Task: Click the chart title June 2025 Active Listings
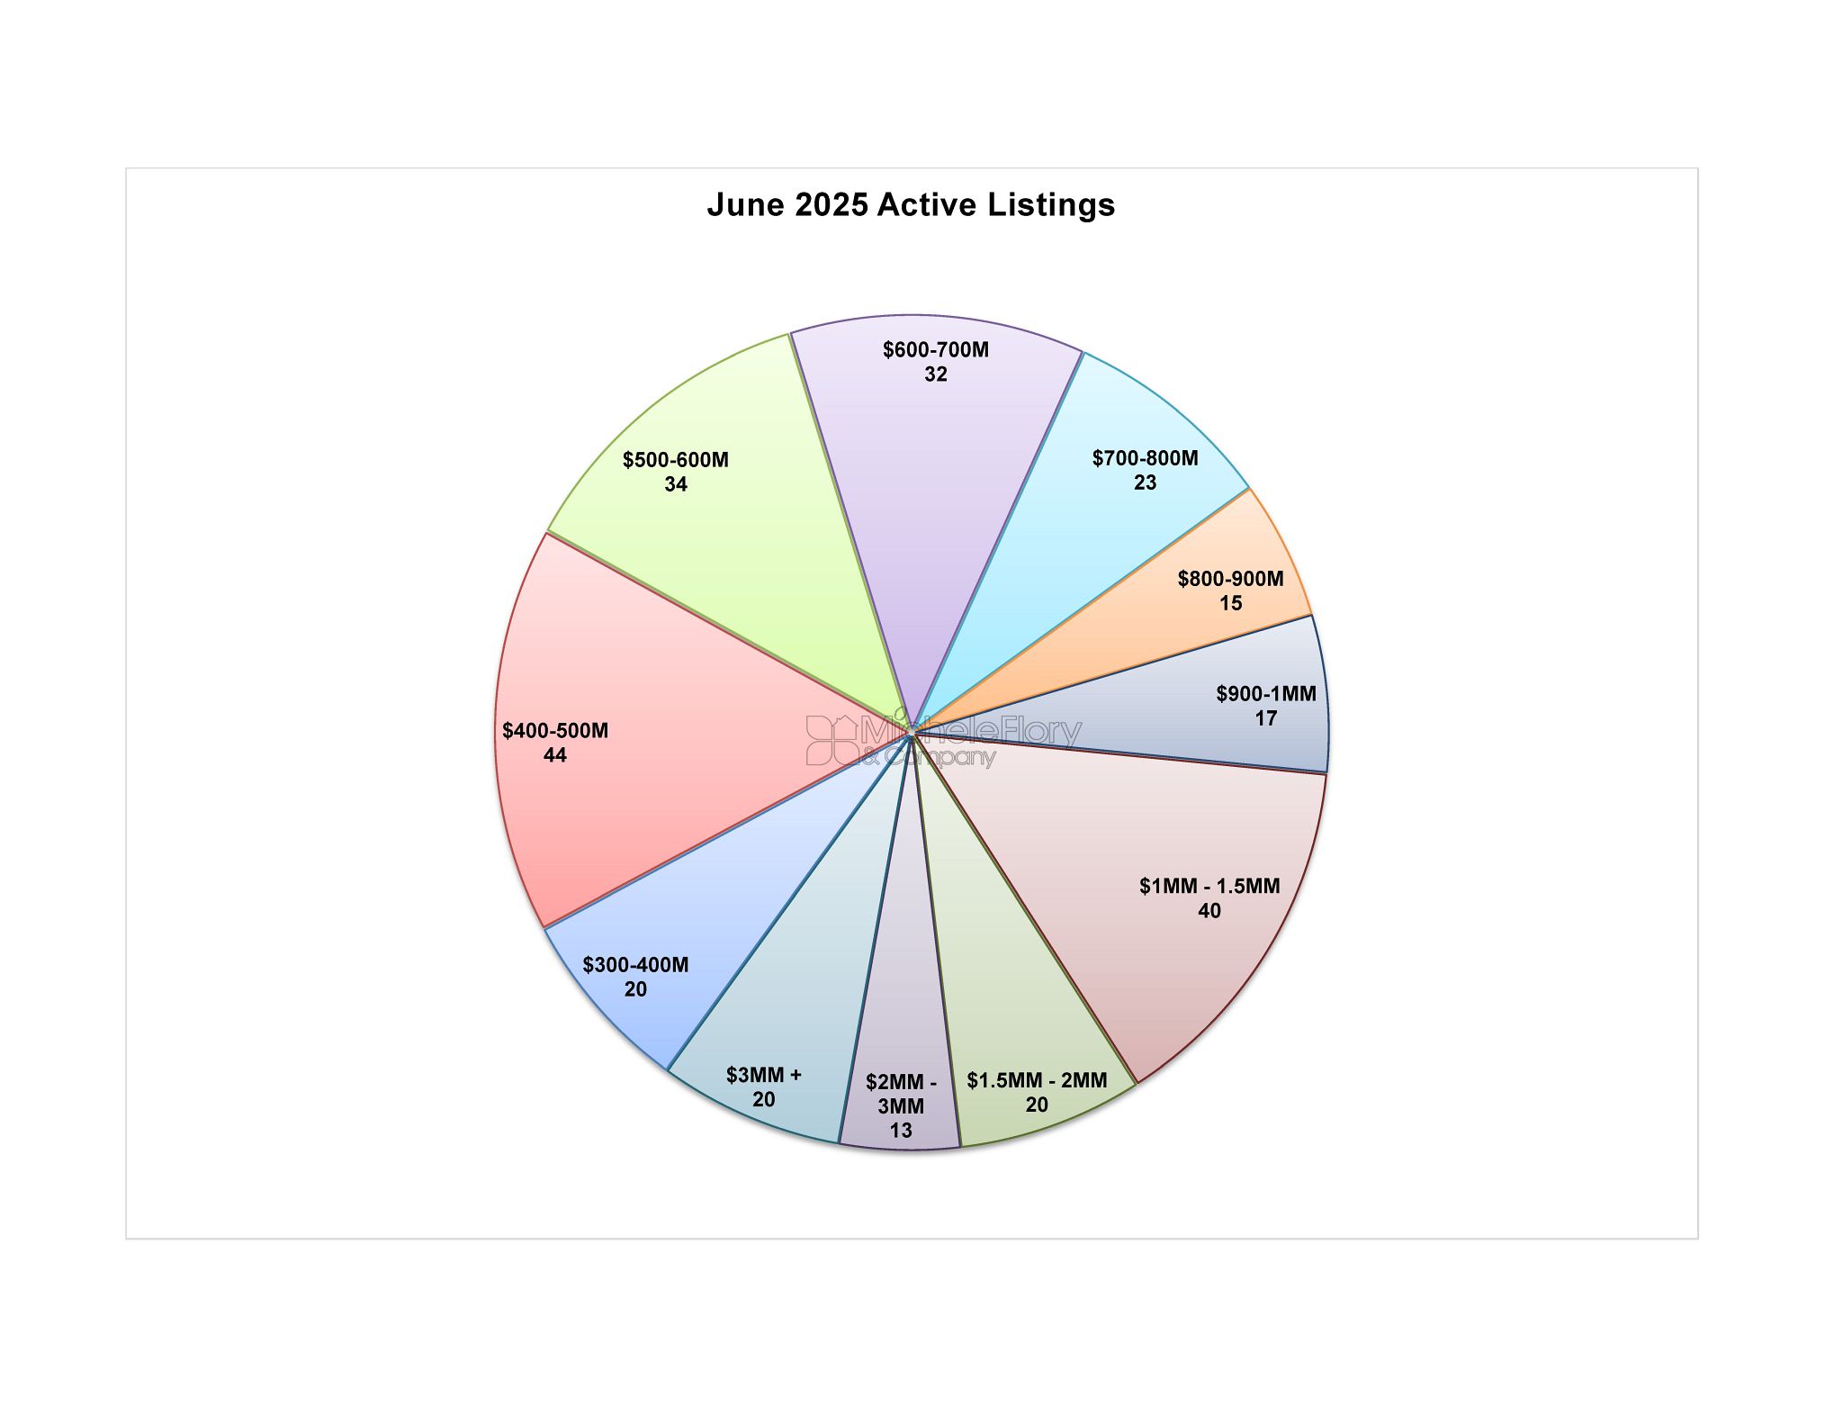tap(911, 205)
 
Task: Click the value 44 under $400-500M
tap(555, 755)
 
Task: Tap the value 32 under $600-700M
tap(936, 374)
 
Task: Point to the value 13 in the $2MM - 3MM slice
tap(901, 1131)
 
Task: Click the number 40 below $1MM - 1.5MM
tap(1209, 911)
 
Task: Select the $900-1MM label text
tap(1266, 694)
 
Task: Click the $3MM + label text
tap(764, 1075)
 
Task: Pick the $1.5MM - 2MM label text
tap(1037, 1080)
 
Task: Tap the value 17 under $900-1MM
tap(1266, 718)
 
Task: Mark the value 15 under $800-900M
tap(1231, 603)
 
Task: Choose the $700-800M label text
tap(1146, 458)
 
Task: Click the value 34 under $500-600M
tap(676, 484)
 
